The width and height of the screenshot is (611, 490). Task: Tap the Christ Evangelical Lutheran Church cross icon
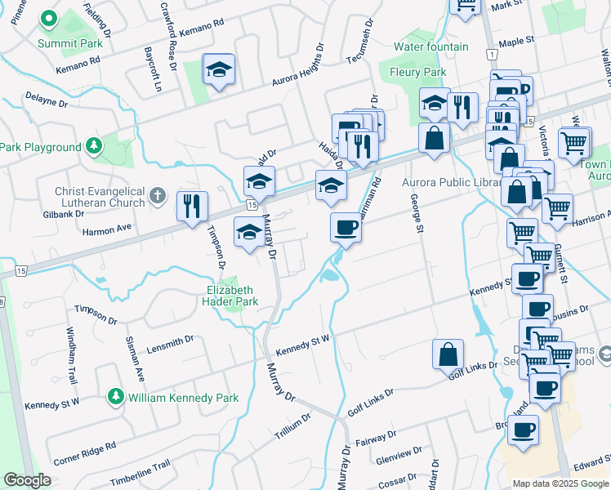(x=159, y=197)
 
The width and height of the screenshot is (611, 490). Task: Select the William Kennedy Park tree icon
(x=115, y=398)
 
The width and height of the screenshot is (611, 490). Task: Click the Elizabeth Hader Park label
(x=230, y=296)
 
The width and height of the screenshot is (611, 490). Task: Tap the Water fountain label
(x=430, y=47)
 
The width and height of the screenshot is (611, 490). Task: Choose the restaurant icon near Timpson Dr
(x=192, y=206)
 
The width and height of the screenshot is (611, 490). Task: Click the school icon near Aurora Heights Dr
(x=219, y=69)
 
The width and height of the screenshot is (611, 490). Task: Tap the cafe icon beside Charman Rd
(x=346, y=227)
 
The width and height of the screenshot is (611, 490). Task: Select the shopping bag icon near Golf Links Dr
(x=448, y=354)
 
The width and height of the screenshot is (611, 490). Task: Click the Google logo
(x=28, y=480)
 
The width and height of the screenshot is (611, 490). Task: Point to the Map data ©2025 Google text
(x=561, y=483)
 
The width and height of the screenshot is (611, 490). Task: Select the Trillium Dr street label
(x=292, y=427)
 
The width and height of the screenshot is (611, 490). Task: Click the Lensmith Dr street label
(x=170, y=344)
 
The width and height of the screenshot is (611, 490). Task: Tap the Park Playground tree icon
(x=95, y=146)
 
